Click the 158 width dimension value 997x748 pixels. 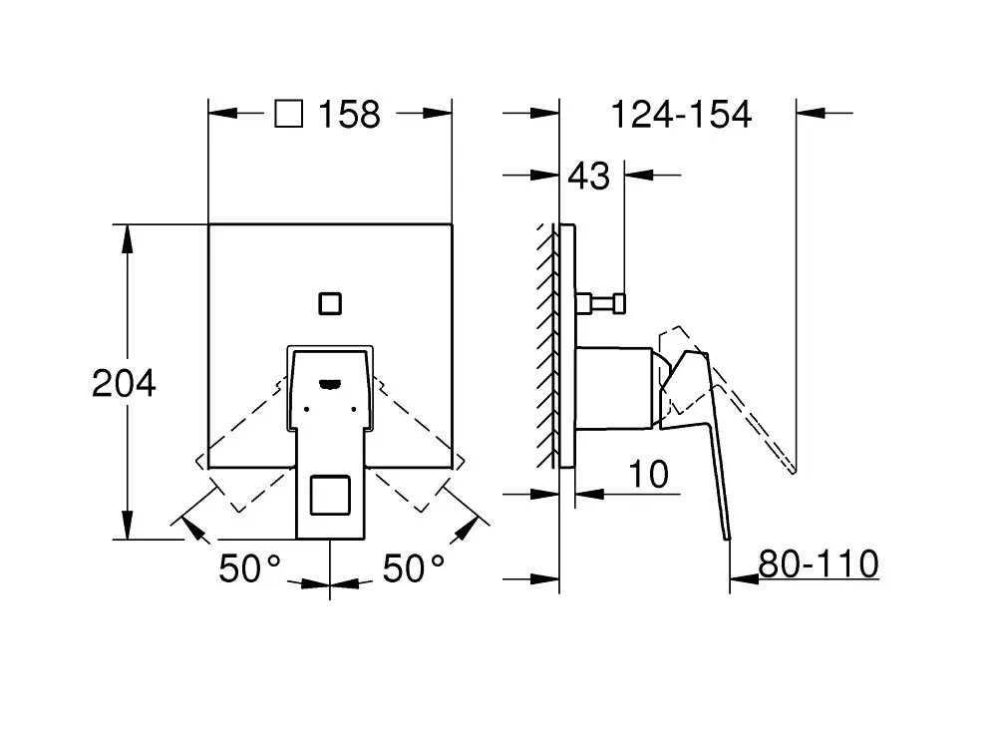(x=349, y=115)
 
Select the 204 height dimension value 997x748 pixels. (x=124, y=384)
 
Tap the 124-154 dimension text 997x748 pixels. (x=681, y=115)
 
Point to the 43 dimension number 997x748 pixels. (x=589, y=177)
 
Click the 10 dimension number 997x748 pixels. (x=649, y=475)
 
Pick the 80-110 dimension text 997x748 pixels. (x=819, y=563)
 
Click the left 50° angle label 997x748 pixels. (x=249, y=568)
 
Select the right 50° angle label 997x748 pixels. (x=414, y=568)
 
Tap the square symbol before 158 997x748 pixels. (x=289, y=114)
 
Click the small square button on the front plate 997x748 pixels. (x=330, y=304)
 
